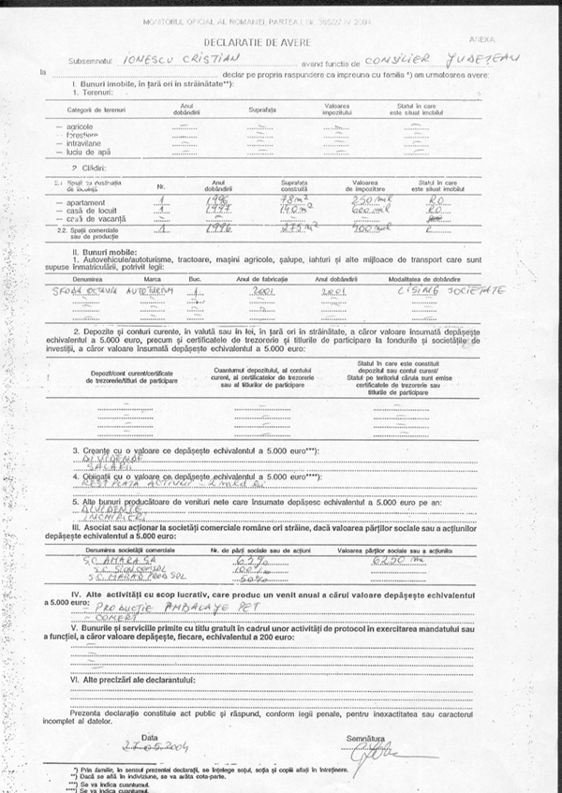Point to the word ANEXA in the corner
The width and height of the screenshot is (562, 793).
pos(507,39)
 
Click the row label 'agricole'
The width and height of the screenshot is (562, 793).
pos(81,125)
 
